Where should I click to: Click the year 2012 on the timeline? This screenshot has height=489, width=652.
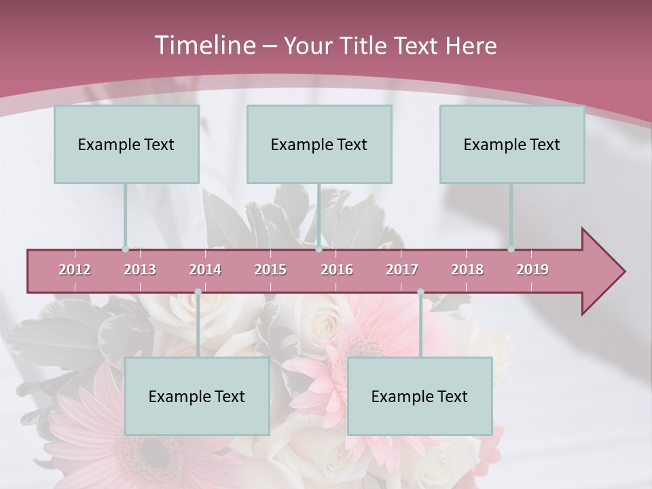[x=75, y=270]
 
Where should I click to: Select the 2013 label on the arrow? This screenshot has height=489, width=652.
[x=140, y=270]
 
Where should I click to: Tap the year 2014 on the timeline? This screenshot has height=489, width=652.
[x=205, y=270]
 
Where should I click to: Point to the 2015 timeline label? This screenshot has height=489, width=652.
[x=270, y=270]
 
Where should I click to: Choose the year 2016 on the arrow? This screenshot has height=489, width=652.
[x=337, y=270]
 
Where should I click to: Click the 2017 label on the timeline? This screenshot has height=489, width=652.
[x=402, y=270]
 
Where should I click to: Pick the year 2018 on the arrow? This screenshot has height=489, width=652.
[x=467, y=270]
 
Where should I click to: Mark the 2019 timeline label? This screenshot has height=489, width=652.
[x=532, y=270]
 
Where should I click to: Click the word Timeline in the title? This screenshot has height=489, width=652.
[x=204, y=46]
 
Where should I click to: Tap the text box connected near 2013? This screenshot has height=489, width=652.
[x=126, y=144]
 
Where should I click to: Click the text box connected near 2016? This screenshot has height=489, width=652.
[x=319, y=144]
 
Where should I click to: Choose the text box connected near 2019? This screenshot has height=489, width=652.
[x=512, y=144]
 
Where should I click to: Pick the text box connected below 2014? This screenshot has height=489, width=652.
[x=197, y=396]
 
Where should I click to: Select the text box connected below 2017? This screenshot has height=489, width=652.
[x=420, y=396]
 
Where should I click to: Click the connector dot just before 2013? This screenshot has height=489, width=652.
[x=125, y=249]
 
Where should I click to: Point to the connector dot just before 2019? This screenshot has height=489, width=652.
[x=511, y=249]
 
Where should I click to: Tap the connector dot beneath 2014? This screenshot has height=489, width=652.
[x=198, y=292]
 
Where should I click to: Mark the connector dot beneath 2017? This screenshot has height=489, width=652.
[x=420, y=292]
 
